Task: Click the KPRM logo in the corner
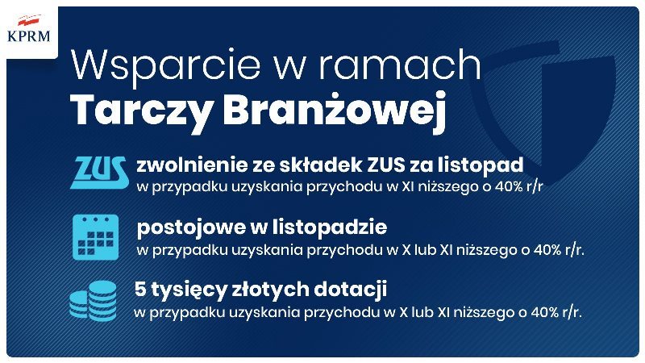[29, 29]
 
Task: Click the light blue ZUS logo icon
[99, 173]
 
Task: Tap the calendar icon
[95, 237]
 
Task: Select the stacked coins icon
[93, 301]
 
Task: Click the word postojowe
[190, 227]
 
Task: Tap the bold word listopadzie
[318, 227]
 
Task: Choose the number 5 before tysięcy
[140, 290]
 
